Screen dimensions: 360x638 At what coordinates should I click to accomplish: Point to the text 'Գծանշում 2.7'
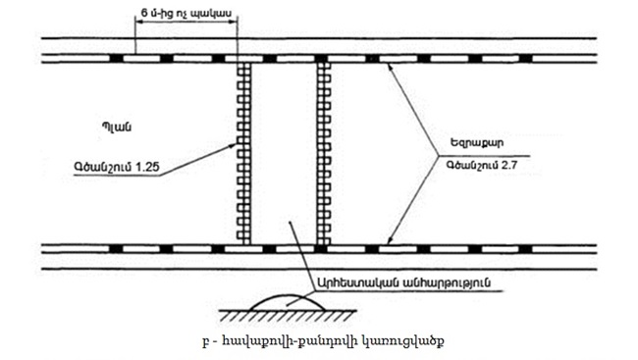tap(487, 166)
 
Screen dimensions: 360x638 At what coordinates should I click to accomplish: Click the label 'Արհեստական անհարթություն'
tap(403, 281)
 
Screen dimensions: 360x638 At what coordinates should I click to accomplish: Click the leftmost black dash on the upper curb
tap(116, 59)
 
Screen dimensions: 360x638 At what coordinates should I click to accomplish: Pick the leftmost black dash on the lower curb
tap(116, 247)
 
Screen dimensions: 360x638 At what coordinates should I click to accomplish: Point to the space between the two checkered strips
tap(283, 152)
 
